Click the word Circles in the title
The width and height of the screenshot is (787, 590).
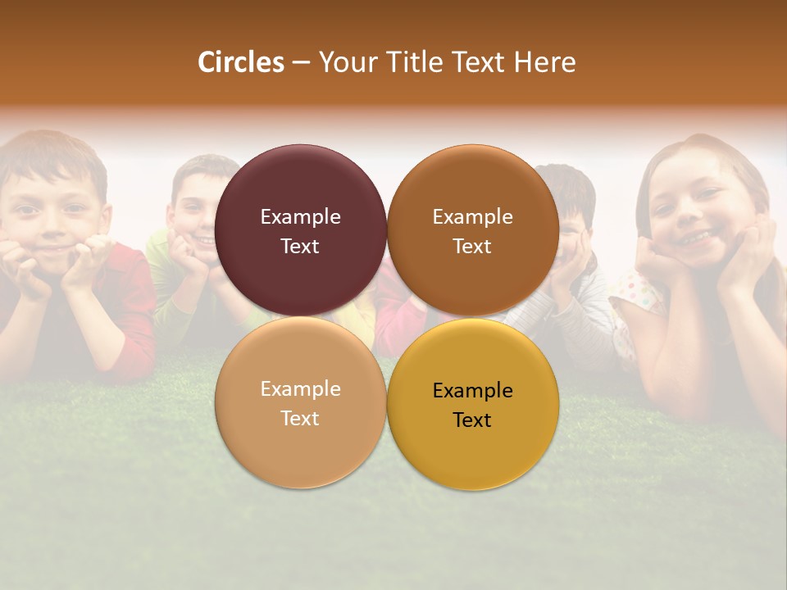pos(240,62)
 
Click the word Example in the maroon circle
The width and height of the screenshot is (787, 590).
pos(300,217)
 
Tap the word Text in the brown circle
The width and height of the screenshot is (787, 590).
pos(472,247)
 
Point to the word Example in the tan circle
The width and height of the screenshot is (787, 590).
pos(300,389)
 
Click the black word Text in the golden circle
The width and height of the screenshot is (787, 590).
pos(472,420)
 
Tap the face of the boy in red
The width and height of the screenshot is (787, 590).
pos(54,217)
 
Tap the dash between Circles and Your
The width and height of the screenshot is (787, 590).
pos(301,63)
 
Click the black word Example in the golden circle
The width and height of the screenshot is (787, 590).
pos(472,391)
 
